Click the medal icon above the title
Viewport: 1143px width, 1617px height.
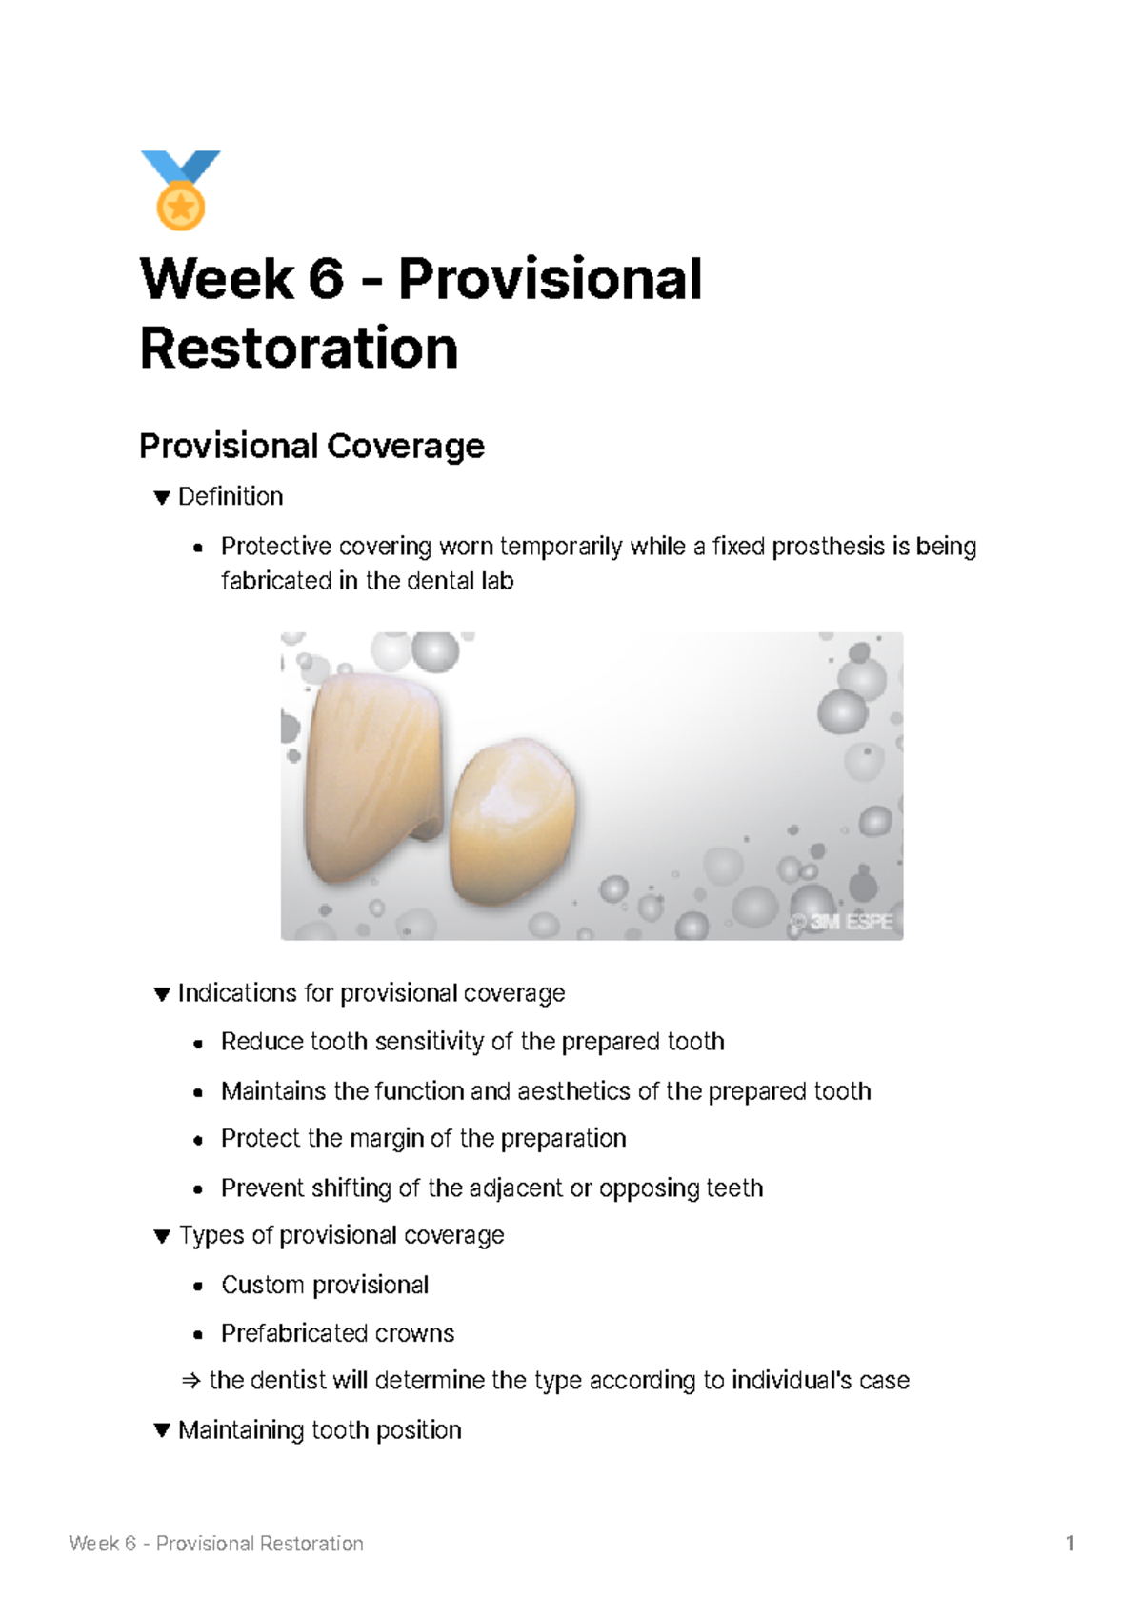pos(180,190)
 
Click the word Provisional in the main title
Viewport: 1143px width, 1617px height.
pos(550,279)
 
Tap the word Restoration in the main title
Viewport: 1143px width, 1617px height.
pos(299,349)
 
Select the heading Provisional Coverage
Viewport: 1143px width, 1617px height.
pos(311,446)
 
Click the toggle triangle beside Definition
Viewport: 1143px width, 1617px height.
pos(162,497)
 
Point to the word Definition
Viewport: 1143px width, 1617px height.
pos(231,497)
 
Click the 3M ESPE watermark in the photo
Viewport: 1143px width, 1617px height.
pos(842,922)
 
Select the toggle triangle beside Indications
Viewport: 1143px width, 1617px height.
pos(162,994)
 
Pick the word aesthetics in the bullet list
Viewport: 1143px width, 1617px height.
pos(574,1091)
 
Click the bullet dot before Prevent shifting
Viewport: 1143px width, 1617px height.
pos(198,1189)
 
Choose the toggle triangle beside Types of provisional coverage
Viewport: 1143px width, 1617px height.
pos(162,1236)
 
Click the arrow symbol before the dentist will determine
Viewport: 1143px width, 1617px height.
pos(190,1381)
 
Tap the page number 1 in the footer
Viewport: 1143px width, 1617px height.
pos(1070,1544)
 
